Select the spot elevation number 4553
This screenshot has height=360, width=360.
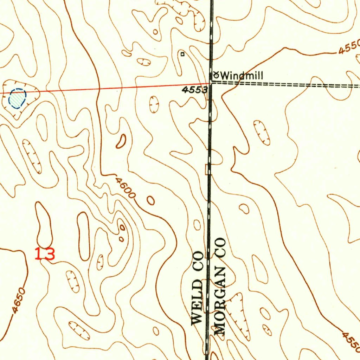(194, 90)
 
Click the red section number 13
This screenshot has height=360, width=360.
(45, 254)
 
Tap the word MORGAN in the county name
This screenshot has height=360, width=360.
(219, 306)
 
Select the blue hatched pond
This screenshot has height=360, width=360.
(17, 98)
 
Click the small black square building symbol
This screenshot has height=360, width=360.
(182, 54)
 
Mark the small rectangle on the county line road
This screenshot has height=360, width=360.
(207, 169)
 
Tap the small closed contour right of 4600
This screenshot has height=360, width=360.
(150, 200)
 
